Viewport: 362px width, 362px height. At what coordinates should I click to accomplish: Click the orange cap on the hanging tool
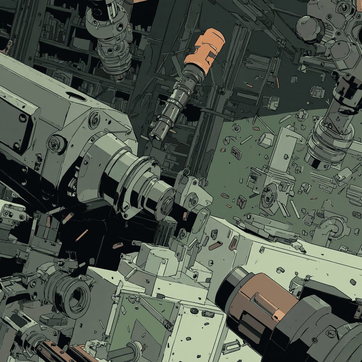point(204,47)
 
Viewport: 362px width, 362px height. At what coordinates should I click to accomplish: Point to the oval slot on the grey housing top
point(76,96)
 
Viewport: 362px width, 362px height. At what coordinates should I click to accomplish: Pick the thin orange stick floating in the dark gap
point(82,235)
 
